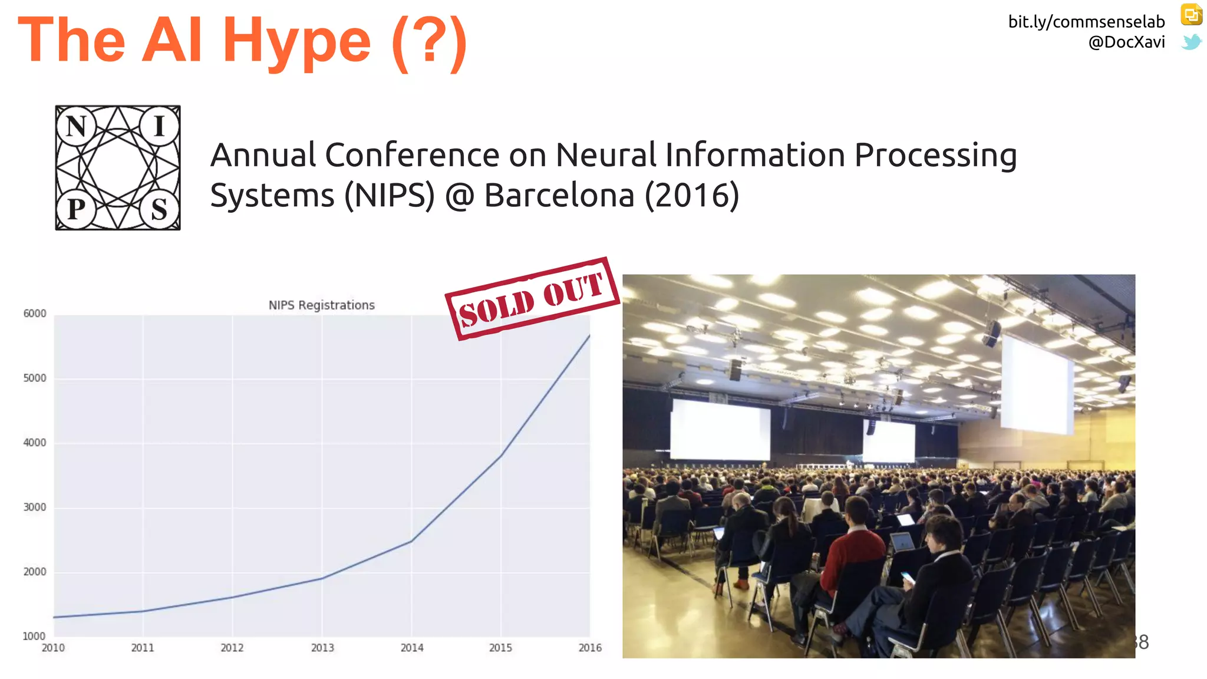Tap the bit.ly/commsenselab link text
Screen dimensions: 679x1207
(1086, 22)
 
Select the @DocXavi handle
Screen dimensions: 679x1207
(1126, 42)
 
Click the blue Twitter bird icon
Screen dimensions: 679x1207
(1191, 42)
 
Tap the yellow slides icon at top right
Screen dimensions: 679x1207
(1191, 15)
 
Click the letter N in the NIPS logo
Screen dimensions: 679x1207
(77, 127)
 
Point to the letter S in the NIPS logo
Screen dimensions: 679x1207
(159, 209)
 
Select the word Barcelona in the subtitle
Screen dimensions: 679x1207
(559, 195)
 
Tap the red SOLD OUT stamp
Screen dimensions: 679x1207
(532, 298)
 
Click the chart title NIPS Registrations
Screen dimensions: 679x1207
(321, 305)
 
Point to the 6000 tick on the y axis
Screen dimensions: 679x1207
(35, 314)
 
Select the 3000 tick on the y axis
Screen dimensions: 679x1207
(35, 507)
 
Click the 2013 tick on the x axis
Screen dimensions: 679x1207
(322, 648)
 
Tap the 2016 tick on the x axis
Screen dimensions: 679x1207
(590, 648)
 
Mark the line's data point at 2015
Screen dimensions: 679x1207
(501, 455)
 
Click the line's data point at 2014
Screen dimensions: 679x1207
(411, 541)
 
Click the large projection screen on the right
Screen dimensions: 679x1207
(1036, 384)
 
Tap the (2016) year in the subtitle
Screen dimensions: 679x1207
(692, 195)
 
